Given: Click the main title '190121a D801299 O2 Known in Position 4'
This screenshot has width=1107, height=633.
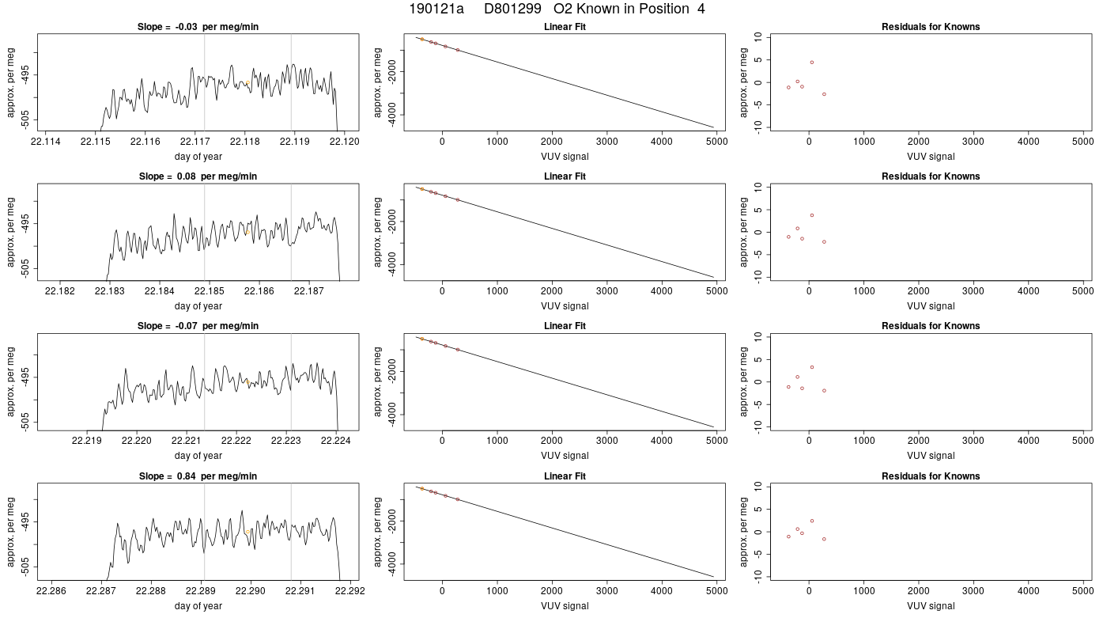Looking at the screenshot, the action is tap(557, 9).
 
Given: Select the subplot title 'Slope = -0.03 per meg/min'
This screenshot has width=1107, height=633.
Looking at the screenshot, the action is tap(198, 27).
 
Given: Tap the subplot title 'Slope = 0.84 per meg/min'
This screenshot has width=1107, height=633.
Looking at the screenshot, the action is tap(198, 476).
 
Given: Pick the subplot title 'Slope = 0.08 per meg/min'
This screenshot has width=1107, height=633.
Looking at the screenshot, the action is tap(198, 176).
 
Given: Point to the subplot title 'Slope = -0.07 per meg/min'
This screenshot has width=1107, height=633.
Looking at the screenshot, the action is tap(198, 326).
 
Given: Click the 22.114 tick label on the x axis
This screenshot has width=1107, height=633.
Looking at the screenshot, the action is tap(46, 142).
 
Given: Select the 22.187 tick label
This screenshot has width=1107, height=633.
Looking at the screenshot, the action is tap(309, 291).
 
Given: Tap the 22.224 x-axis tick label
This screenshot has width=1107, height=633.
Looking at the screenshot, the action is tap(336, 441).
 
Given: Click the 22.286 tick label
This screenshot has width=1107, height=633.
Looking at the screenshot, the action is tap(51, 591).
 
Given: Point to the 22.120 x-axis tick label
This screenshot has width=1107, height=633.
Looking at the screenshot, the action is tap(345, 142).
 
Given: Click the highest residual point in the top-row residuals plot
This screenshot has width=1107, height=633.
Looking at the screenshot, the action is tap(812, 63).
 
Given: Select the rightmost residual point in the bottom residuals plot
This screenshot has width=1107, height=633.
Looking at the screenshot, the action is tap(824, 539).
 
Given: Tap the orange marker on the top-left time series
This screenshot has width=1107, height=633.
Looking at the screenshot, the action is tap(247, 82).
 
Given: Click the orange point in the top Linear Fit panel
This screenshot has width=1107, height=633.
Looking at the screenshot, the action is tap(422, 39).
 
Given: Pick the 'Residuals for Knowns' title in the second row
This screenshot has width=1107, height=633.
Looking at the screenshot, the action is tap(931, 176).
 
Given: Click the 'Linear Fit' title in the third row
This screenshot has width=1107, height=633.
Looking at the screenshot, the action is tap(565, 326).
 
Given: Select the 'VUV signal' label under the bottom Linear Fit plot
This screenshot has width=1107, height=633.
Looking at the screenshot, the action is tap(565, 606).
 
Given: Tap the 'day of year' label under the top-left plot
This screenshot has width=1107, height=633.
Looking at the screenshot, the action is tap(198, 157).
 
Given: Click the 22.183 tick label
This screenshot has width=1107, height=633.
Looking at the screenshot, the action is tap(110, 291).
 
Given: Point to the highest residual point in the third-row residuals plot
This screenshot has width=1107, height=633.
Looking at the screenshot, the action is tap(812, 367).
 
